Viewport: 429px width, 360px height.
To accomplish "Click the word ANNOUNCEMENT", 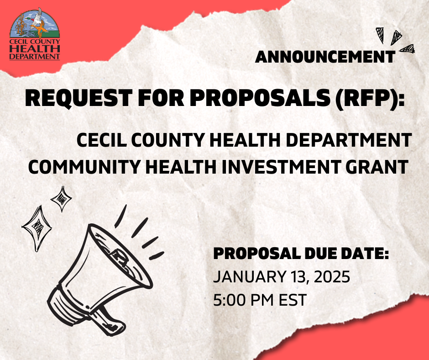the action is (x=325, y=57).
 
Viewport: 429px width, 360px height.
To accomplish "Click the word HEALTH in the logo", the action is (x=35, y=49).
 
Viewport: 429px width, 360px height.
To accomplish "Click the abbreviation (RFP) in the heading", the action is (x=370, y=99).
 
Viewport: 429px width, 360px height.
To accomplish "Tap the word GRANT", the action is (x=377, y=167).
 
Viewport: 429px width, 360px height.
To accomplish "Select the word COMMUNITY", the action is (x=84, y=167).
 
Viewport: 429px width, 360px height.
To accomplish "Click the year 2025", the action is (x=332, y=277).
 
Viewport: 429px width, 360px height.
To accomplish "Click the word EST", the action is (x=293, y=300).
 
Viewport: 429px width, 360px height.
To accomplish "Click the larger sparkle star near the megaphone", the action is (x=37, y=228).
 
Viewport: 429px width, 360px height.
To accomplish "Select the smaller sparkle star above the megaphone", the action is (x=62, y=199).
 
